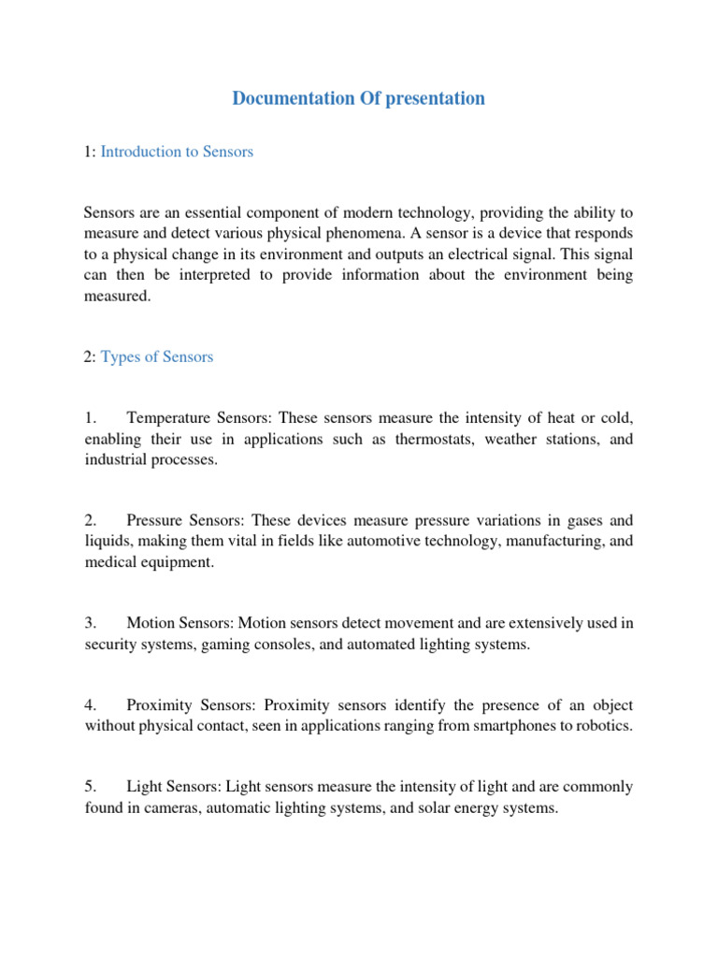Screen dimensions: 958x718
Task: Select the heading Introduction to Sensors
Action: tap(177, 152)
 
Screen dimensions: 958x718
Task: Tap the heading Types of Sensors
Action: tap(157, 356)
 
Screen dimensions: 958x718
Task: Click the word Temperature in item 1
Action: tap(172, 418)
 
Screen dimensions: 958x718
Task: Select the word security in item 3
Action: tap(112, 644)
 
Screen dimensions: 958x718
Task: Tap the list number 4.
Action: tap(90, 705)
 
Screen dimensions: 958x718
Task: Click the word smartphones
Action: tap(491, 726)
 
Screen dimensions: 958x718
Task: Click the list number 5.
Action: tap(90, 788)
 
